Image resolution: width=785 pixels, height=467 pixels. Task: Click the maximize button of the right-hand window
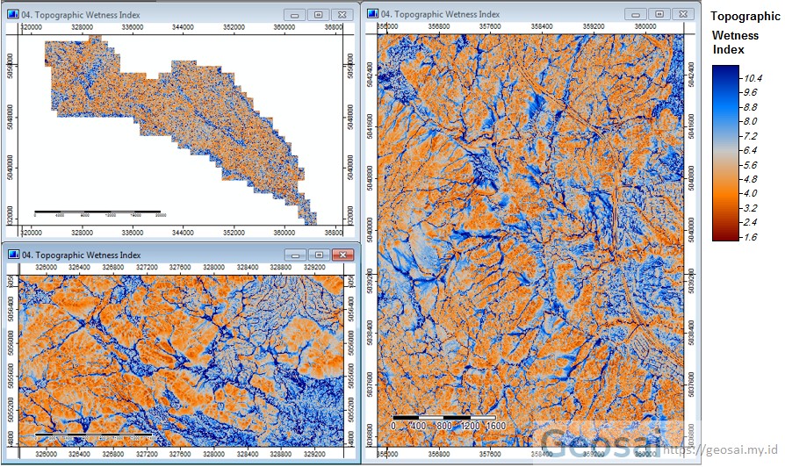tap(659, 14)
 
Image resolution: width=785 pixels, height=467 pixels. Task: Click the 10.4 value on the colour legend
tap(750, 78)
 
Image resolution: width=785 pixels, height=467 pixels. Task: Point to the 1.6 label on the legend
tap(750, 237)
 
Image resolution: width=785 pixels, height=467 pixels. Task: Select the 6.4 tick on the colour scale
tap(750, 150)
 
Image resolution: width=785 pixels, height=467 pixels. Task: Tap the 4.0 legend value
tap(750, 193)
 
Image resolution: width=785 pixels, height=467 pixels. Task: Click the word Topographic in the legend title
tap(745, 17)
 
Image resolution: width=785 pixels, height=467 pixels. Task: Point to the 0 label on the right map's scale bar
tap(395, 426)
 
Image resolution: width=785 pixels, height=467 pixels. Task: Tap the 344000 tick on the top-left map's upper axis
tap(183, 27)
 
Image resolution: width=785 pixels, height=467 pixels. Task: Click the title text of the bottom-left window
tap(81, 255)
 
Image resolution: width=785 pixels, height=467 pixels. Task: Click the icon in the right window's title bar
tap(372, 14)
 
